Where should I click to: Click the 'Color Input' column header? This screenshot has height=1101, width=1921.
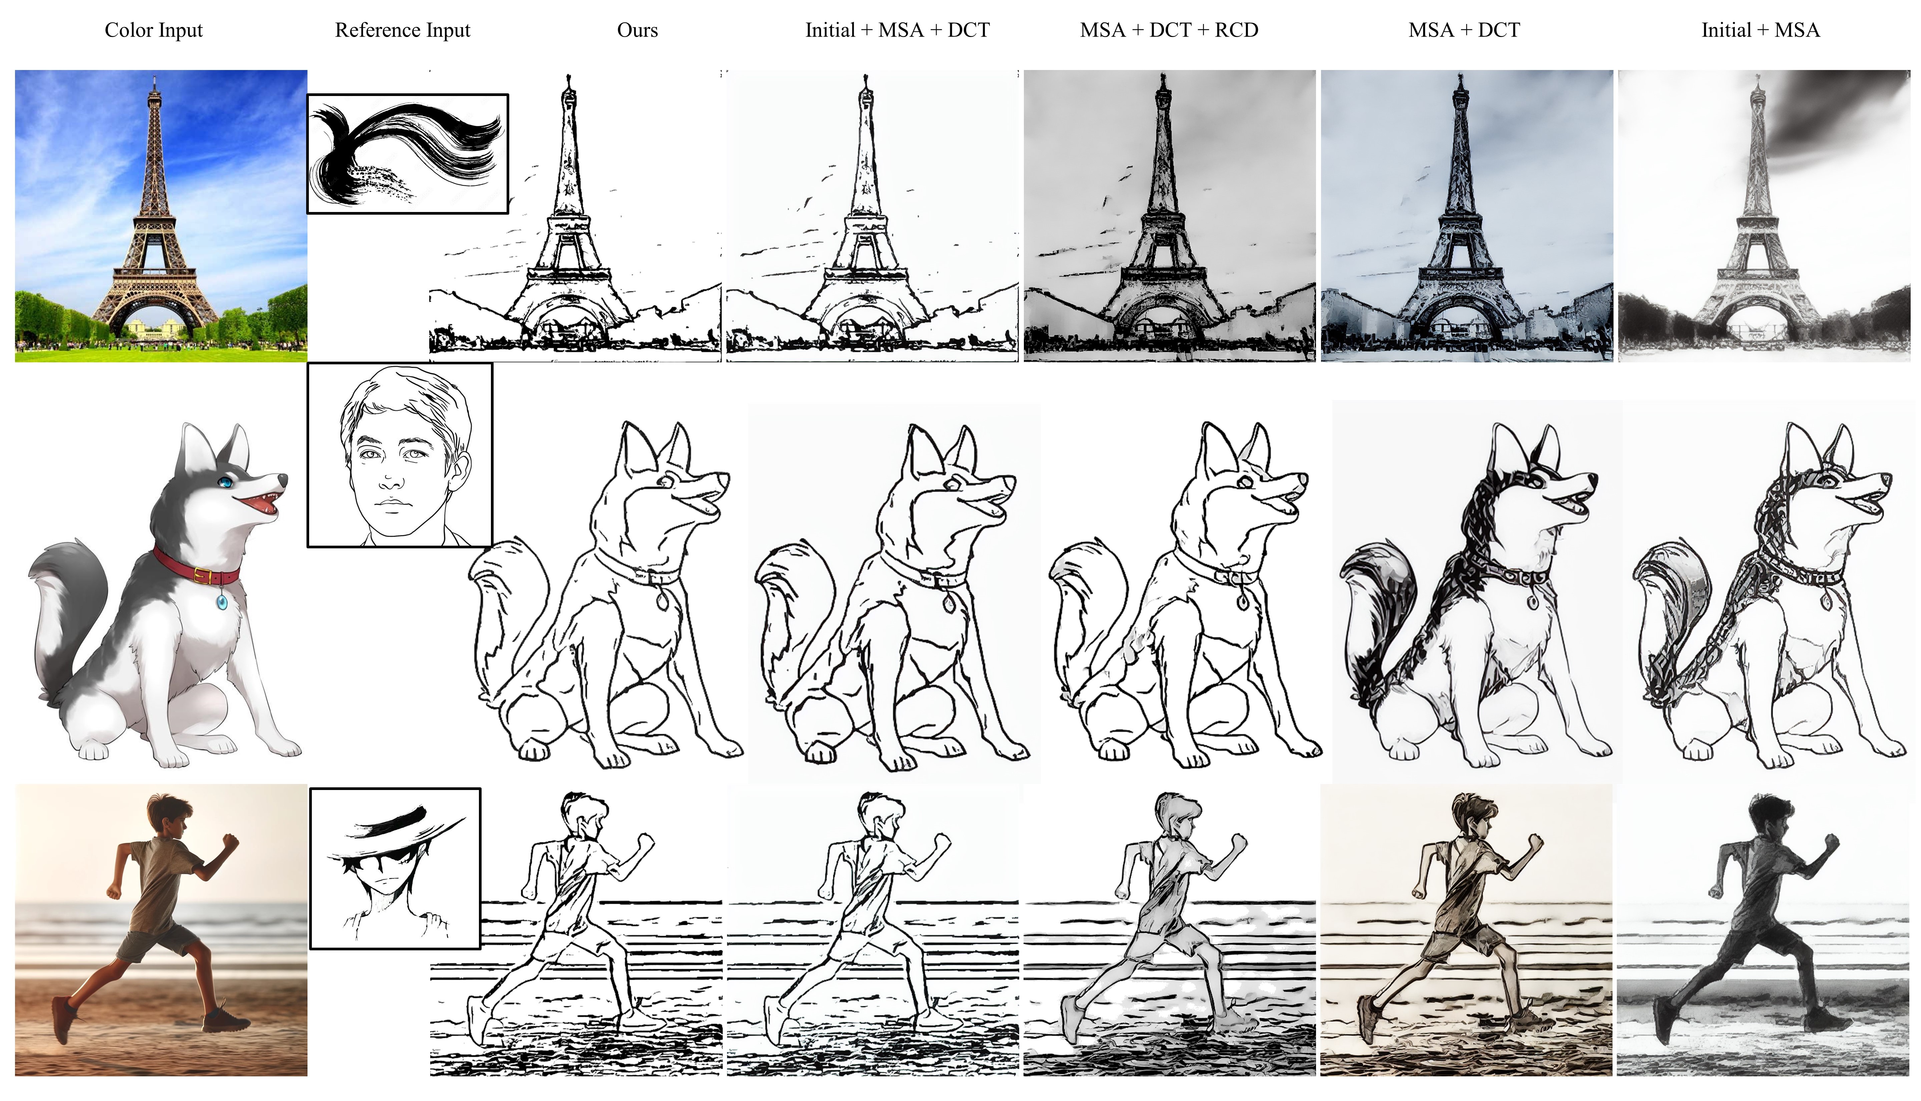tap(154, 30)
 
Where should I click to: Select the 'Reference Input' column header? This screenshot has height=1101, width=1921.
tap(403, 30)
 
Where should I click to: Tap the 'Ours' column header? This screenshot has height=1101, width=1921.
tap(637, 30)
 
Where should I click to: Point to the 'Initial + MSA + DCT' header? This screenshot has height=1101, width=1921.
tap(897, 30)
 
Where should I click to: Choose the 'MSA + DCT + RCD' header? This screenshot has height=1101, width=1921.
tap(1169, 30)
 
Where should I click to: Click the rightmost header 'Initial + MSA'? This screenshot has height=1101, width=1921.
tap(1761, 30)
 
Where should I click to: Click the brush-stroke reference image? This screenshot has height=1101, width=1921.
tap(408, 154)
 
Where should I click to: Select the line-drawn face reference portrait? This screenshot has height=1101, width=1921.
tap(400, 454)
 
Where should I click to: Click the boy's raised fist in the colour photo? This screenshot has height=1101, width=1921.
tap(230, 842)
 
